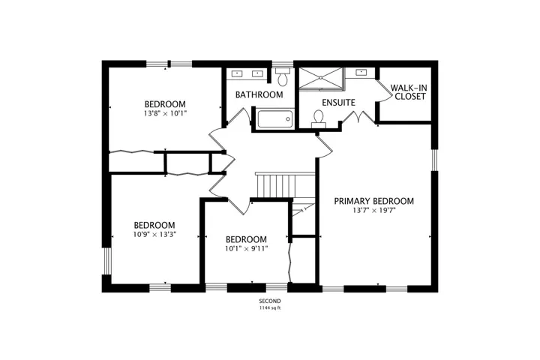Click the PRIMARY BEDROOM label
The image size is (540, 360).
coord(373,201)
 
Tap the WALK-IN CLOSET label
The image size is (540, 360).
coord(409,92)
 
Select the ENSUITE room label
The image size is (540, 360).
coord(338,103)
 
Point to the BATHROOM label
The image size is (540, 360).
coord(259,94)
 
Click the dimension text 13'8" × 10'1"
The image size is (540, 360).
coord(165,113)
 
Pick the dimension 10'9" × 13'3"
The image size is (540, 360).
coord(154,235)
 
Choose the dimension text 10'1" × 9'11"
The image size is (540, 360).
coord(246,248)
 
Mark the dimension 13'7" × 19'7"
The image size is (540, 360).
coord(373,210)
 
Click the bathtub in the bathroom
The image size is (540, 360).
coord(275,118)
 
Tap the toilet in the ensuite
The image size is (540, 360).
coord(319,118)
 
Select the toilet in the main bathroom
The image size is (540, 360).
coord(283,76)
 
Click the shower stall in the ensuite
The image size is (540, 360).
coord(321,78)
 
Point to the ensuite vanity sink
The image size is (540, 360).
coord(361,72)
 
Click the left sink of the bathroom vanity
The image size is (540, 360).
coord(237,73)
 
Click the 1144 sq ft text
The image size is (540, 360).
coord(270,308)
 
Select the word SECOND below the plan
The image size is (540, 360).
coord(270,301)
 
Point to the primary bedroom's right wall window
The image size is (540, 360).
coord(434,160)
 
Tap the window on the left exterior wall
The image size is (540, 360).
coord(106,261)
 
